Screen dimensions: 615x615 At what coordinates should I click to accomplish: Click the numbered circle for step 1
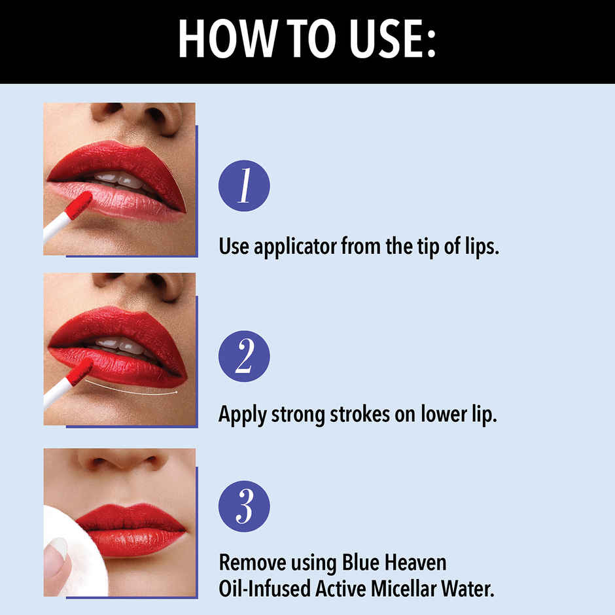[x=244, y=186]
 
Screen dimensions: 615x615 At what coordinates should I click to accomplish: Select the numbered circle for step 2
[x=244, y=356]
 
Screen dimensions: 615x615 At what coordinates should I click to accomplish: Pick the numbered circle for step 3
[x=244, y=506]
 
